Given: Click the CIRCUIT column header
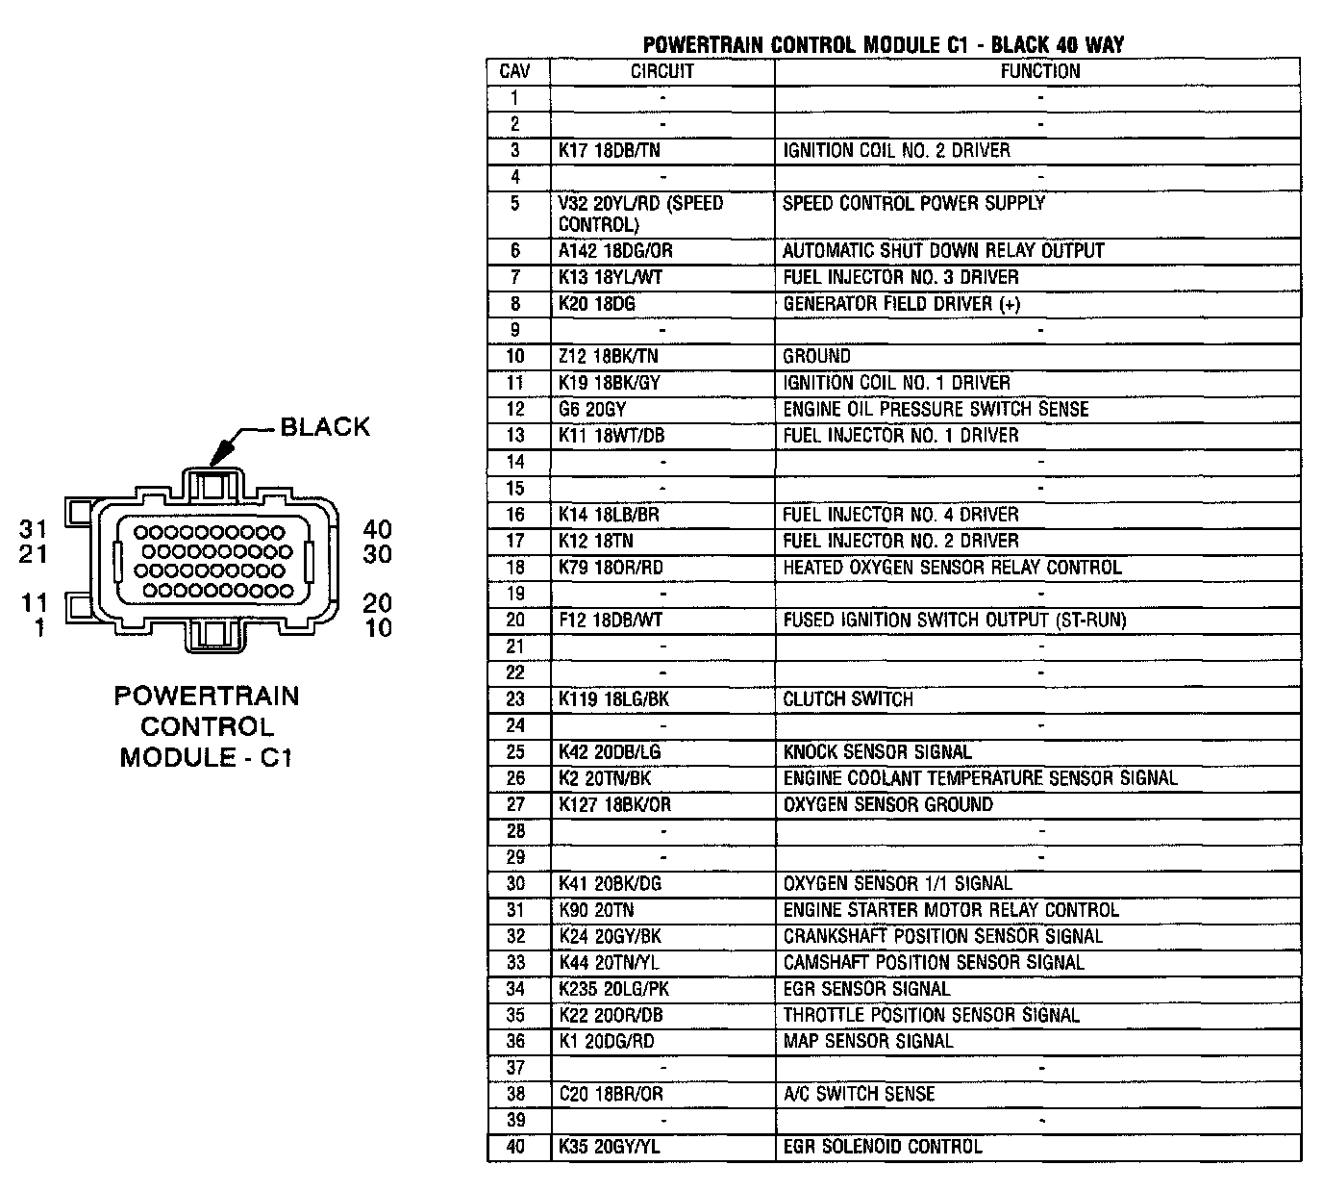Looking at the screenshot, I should (x=661, y=72).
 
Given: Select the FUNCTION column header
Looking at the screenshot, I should (x=1039, y=72).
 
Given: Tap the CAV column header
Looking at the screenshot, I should (x=515, y=72).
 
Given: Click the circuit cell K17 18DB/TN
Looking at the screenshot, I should (x=610, y=151).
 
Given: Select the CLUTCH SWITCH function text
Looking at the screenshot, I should (x=847, y=699).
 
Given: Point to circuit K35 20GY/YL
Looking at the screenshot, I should (x=610, y=1147).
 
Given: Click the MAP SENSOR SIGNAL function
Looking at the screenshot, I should (x=867, y=1042).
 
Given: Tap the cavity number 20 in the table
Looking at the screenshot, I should (x=515, y=621).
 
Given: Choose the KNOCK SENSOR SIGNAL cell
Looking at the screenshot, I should (x=877, y=752).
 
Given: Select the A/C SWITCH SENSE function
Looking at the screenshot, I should (x=859, y=1095).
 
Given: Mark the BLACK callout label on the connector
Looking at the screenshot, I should (x=325, y=427).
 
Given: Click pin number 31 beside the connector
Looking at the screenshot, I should (x=34, y=528).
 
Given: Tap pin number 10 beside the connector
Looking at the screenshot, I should (x=378, y=628).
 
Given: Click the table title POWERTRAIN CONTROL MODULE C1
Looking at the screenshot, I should (x=883, y=44).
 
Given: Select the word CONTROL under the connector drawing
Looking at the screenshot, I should (x=207, y=726).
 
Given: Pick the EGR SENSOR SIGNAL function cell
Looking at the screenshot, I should (x=866, y=989).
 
